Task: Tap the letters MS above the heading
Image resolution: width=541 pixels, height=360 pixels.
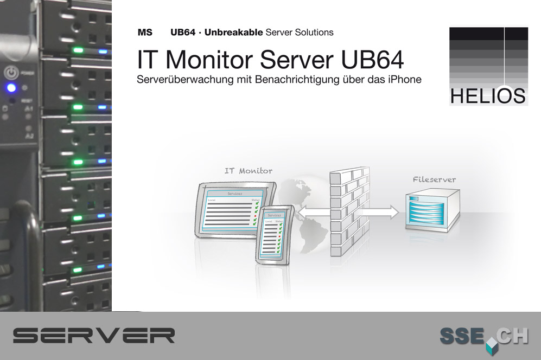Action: [145, 33]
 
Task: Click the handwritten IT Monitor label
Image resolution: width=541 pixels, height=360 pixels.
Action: [249, 171]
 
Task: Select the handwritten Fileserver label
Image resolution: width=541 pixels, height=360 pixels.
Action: [434, 179]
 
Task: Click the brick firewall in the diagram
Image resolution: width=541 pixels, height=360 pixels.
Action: [348, 211]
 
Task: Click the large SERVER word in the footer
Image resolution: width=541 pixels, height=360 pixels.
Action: [94, 335]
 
